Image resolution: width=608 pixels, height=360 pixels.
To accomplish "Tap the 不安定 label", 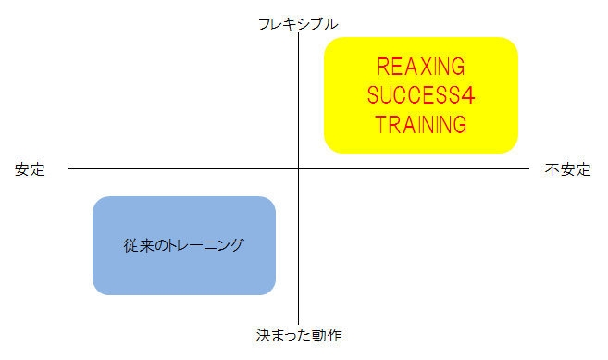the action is click(567, 170).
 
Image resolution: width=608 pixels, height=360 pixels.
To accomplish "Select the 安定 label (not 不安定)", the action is click(30, 170).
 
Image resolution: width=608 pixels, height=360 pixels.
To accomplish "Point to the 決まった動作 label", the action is click(299, 334).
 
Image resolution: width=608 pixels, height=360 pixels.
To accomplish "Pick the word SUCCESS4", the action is click(421, 95).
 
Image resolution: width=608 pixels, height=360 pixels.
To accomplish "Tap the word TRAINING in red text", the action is click(421, 123).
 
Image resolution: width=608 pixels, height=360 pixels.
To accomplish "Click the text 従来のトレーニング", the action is click(184, 246).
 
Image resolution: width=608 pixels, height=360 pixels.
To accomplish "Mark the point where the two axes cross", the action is click(299, 169).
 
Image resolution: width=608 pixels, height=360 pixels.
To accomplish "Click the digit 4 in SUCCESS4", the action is click(468, 95).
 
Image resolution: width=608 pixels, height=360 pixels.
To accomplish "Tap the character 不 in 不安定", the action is click(552, 170).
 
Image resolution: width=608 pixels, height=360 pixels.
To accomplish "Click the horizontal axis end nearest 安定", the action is click(68, 169).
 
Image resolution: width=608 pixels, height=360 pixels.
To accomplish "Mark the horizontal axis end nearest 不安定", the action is click(528, 169).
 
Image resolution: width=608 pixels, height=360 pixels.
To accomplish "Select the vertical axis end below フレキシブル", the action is click(299, 34).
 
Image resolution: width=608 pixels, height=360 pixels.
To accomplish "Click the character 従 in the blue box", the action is click(130, 246).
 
